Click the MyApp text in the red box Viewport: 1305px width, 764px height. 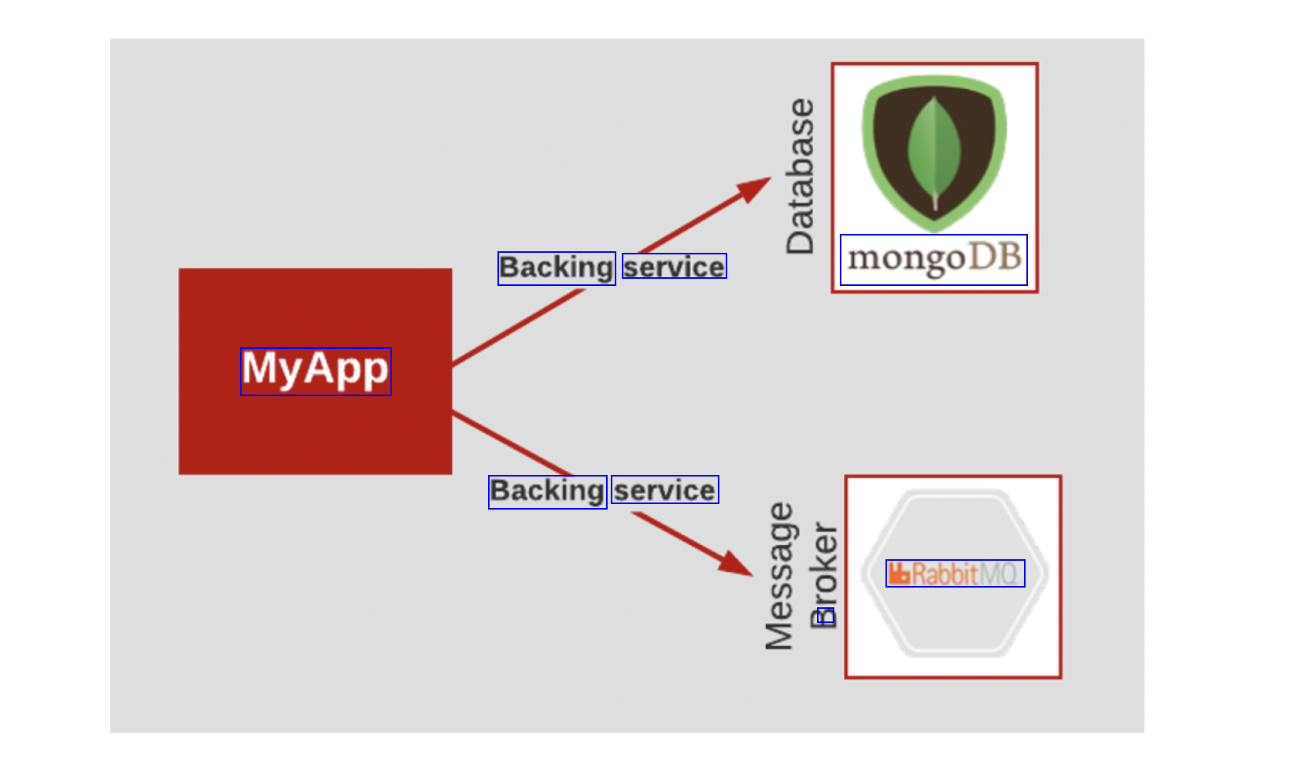[316, 371]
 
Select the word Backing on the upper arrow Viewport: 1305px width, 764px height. [556, 269]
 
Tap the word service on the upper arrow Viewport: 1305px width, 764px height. [674, 267]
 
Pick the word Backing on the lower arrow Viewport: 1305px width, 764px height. [547, 492]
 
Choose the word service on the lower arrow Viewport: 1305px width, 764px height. [664, 491]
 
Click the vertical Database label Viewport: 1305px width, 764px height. [800, 176]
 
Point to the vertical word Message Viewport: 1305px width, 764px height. [779, 577]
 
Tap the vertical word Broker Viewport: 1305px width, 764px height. [824, 575]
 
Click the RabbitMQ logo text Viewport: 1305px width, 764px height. [955, 573]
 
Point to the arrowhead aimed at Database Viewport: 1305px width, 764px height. [755, 189]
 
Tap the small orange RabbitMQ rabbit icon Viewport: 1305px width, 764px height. [899, 573]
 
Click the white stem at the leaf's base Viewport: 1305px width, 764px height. [935, 200]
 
